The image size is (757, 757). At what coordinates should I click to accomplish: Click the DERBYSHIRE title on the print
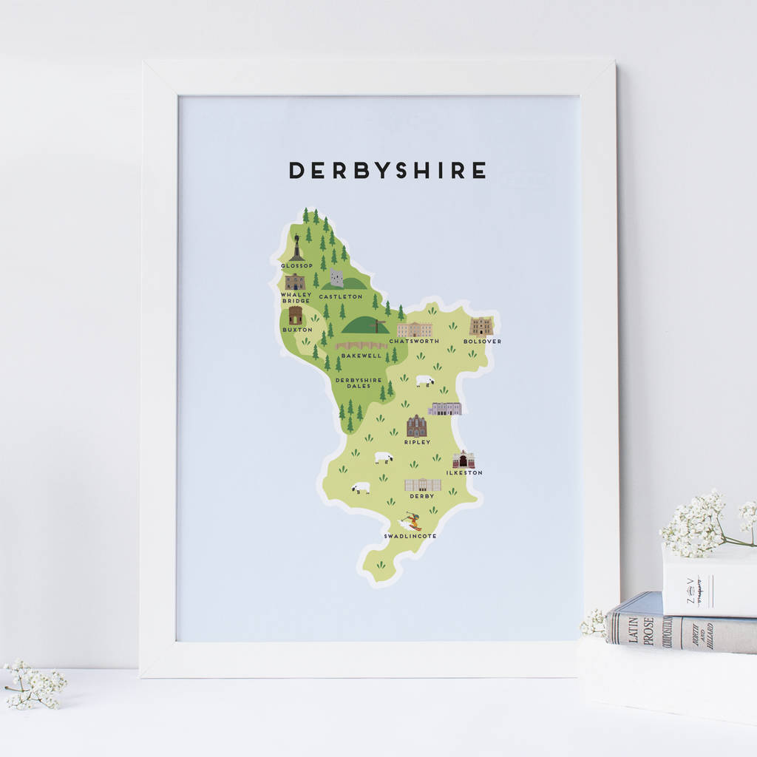click(387, 170)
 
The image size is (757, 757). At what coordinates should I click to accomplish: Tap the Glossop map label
click(296, 265)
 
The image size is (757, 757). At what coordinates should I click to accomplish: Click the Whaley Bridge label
click(296, 297)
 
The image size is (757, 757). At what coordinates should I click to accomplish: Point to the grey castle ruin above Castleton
click(337, 278)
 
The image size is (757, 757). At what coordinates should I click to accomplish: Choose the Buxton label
click(296, 330)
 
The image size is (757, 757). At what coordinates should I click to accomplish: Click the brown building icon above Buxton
click(296, 316)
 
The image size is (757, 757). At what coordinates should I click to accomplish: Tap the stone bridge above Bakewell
click(361, 345)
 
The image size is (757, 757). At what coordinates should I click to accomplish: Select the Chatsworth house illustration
click(414, 329)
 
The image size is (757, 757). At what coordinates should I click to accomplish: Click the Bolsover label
click(482, 342)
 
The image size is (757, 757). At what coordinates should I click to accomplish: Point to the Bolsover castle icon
click(481, 326)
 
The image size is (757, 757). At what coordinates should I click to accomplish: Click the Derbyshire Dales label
click(359, 383)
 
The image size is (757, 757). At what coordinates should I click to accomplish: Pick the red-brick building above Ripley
click(417, 426)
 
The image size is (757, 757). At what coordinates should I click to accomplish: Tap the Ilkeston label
click(464, 472)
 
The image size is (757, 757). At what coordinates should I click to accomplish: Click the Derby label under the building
click(422, 496)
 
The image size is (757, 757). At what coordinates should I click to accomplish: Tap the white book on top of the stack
click(708, 580)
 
